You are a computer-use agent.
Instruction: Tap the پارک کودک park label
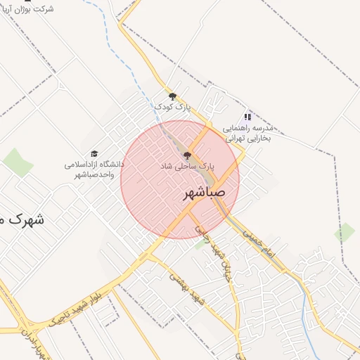pos(173,107)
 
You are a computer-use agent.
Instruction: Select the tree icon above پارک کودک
pos(172,96)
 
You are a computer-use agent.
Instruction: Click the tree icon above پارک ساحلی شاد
pos(186,155)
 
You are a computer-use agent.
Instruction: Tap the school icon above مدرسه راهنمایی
pos(247,117)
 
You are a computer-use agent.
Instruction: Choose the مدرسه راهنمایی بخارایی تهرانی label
pos(251,134)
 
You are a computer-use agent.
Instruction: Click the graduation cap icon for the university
pos(94,153)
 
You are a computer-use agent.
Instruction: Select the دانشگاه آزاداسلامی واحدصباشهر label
pos(94,169)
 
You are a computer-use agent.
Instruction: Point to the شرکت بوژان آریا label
pos(29,9)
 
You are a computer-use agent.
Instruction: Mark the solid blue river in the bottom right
pos(307,309)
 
